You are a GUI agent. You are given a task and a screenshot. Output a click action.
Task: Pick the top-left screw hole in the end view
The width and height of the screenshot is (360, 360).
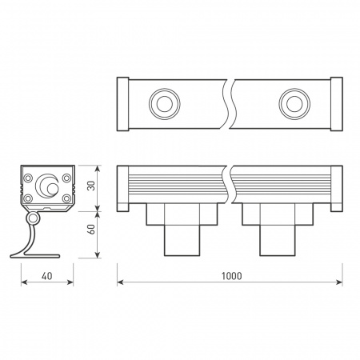(28, 177)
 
